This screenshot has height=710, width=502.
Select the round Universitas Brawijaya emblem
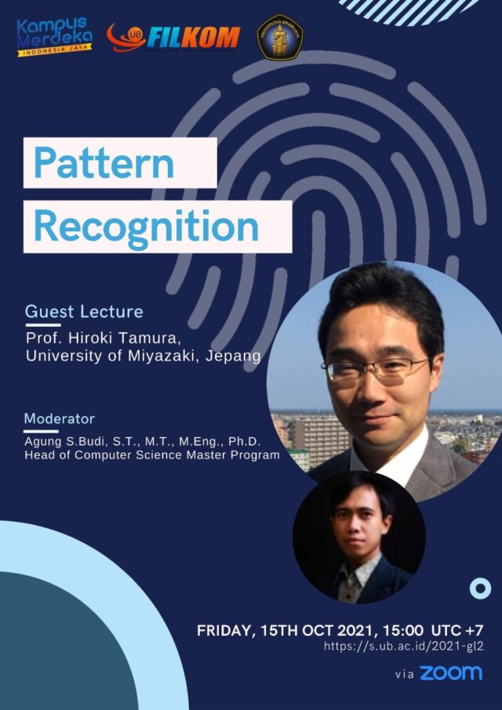click(x=281, y=36)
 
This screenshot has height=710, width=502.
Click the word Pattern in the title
click(x=104, y=163)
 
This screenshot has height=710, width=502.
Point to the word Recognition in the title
click(x=146, y=226)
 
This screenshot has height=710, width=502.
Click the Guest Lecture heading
click(x=84, y=311)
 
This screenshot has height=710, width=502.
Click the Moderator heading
click(x=59, y=418)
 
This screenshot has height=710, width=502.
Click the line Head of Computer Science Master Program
click(x=152, y=455)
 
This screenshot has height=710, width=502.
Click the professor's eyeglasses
click(x=376, y=368)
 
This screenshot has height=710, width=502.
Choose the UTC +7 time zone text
click(x=457, y=630)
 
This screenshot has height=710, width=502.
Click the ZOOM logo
click(x=450, y=673)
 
